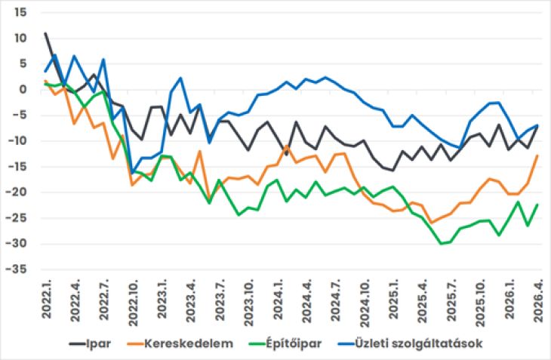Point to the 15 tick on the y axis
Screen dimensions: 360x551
coord(20,13)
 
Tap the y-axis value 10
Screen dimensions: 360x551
coord(20,38)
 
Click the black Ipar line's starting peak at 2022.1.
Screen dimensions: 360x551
coord(45,33)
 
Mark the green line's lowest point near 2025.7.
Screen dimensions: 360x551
coord(442,244)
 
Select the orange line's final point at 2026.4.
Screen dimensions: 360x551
coord(537,155)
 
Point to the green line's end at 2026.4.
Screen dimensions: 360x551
coord(537,205)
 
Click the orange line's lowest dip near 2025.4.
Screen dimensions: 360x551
coord(431,223)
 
